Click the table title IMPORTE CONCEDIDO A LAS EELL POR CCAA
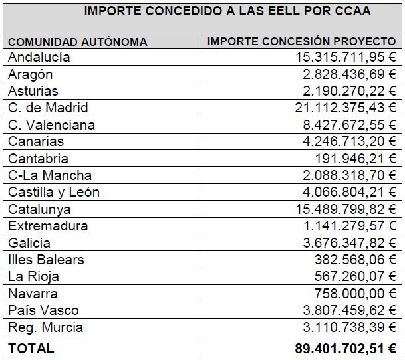pos(227,11)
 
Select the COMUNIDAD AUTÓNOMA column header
pos(78,42)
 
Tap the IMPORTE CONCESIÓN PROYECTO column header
pos(301,41)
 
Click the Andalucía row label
pos(39,57)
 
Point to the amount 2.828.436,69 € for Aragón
pos(349,74)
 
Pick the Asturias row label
pos(33,91)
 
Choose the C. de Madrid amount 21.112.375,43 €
pos(346,108)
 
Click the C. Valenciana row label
pos(51,125)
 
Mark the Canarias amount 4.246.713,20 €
pos(349,141)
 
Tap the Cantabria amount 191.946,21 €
pos(356,159)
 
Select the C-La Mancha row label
pos(50,175)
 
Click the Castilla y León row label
pos(54,193)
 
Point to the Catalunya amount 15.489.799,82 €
pos(346,209)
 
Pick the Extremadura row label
pos(48,226)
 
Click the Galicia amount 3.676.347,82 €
pos(349,243)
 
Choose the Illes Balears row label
pos(46,260)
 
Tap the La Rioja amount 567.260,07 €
pos(355,276)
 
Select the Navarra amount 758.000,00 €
pos(355,294)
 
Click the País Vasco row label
pos(43,310)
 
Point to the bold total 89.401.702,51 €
pos(346,349)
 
